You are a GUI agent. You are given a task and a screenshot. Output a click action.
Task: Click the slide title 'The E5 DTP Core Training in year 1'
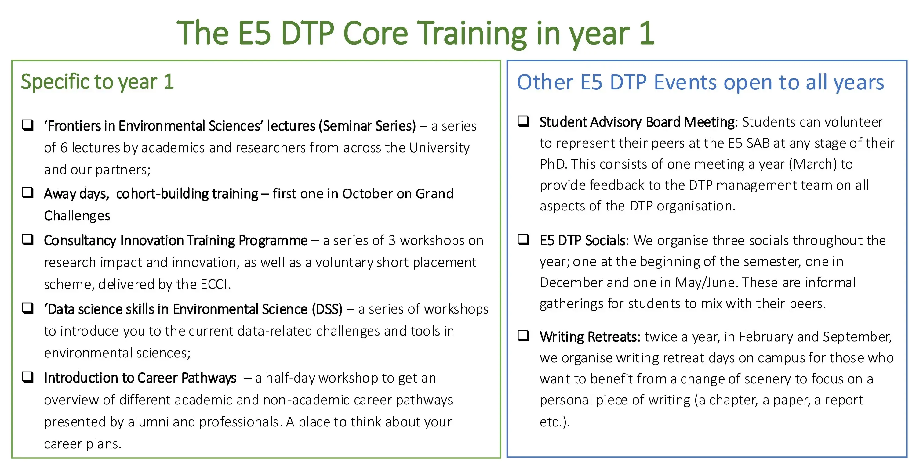[x=416, y=34]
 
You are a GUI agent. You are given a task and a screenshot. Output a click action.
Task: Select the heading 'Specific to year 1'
[x=97, y=82]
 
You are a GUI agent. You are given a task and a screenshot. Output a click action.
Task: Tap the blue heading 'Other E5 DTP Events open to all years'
[x=700, y=82]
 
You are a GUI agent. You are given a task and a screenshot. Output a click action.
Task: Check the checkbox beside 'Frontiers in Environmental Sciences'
[x=28, y=125]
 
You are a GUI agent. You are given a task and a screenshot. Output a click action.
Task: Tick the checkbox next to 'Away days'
[x=28, y=192]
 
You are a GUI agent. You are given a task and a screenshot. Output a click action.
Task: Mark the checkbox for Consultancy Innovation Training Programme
[x=28, y=239]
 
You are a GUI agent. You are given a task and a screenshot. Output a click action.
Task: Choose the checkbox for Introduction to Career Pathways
[x=28, y=377]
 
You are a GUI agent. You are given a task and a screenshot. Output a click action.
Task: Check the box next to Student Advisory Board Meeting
[x=523, y=121]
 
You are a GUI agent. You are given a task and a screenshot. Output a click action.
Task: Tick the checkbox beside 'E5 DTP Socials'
[x=523, y=239]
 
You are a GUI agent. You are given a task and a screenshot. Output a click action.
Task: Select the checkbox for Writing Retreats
[x=523, y=336]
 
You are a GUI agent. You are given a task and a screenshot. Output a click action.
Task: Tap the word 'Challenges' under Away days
[x=77, y=216]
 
